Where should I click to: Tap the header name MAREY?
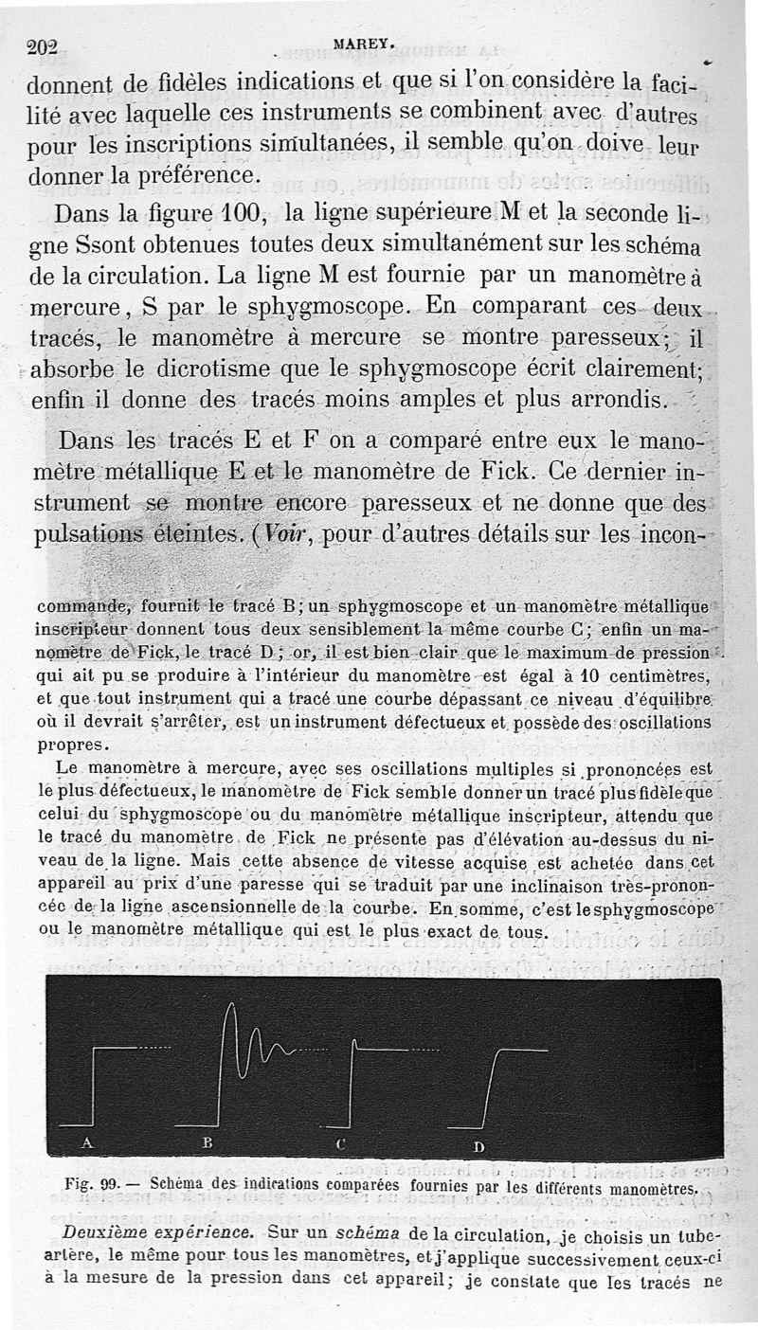[357, 42]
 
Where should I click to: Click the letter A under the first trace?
[87, 1142]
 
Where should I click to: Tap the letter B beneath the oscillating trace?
[208, 1143]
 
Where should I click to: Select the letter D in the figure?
[479, 1146]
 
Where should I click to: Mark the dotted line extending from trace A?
[153, 1048]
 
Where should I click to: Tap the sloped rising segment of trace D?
[490, 1086]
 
